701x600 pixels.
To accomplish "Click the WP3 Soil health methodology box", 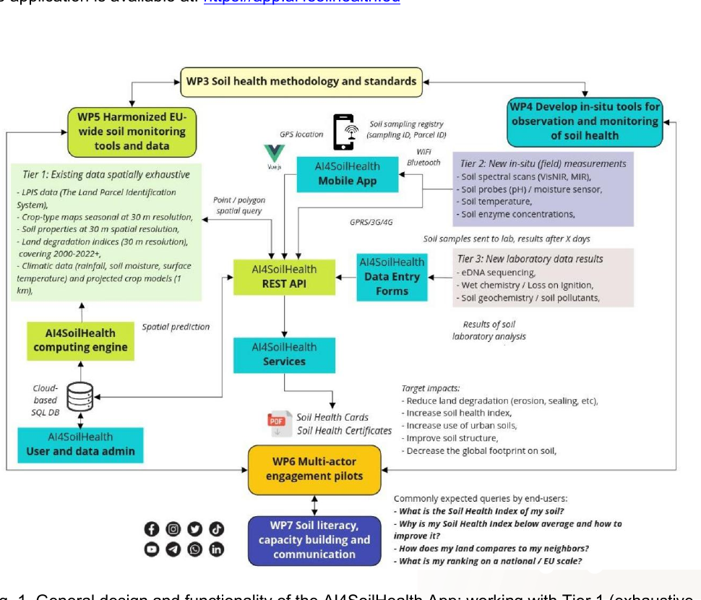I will [301, 81].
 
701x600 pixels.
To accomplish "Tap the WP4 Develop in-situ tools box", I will [585, 121].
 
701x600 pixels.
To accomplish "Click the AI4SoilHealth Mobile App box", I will [348, 173].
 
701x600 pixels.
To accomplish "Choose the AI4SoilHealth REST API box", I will [284, 277].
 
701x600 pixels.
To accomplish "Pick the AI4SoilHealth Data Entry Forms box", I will [392, 276].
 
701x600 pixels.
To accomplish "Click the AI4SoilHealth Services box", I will [284, 354].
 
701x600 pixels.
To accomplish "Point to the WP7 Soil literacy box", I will [314, 540].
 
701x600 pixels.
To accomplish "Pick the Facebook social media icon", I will [152, 529].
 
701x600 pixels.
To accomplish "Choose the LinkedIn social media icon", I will [216, 549].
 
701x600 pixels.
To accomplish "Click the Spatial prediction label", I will [176, 327].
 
